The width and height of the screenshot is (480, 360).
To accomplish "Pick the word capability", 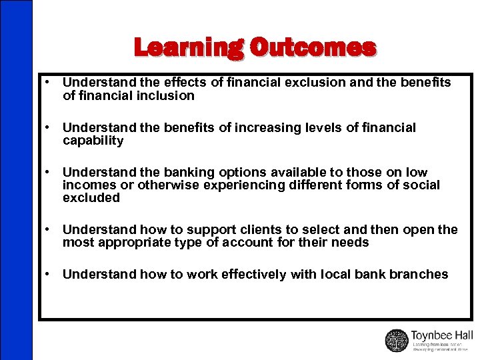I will click(x=93, y=141).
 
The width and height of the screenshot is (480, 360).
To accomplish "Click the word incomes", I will click(x=87, y=185).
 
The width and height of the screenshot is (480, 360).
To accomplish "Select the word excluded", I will click(x=91, y=198).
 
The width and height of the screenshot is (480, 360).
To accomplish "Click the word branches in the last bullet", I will click(x=420, y=275).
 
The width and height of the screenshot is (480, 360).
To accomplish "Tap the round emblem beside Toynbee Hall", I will click(x=397, y=340).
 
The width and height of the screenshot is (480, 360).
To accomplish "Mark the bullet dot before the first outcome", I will click(x=49, y=83).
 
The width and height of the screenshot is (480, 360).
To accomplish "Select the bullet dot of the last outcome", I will click(x=49, y=275).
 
